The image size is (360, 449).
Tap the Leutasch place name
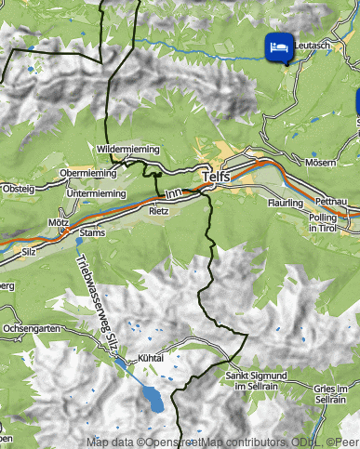click(x=312, y=45)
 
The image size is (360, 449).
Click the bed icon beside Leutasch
click(x=276, y=46)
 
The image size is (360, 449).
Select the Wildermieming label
click(x=127, y=149)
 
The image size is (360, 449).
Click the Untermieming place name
click(x=97, y=192)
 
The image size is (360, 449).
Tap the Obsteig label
click(x=18, y=189)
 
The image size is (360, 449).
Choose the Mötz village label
click(x=59, y=224)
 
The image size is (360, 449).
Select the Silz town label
click(x=29, y=251)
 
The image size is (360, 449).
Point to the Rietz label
click(x=159, y=211)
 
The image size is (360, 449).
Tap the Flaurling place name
click(x=285, y=202)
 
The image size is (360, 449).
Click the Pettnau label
click(x=330, y=201)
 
